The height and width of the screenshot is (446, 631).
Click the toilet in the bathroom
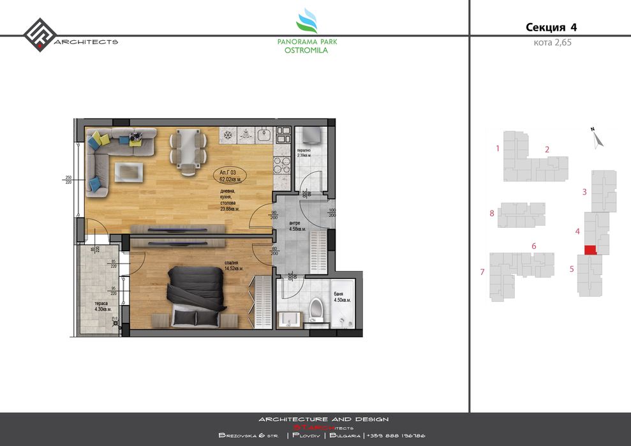point(314,311)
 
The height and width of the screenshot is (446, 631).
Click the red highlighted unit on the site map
point(590,249)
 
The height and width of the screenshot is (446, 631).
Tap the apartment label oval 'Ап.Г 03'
point(229,176)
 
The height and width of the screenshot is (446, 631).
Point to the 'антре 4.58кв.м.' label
point(297,225)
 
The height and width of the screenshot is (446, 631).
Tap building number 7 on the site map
point(482,272)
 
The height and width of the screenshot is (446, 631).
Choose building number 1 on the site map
point(497,149)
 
